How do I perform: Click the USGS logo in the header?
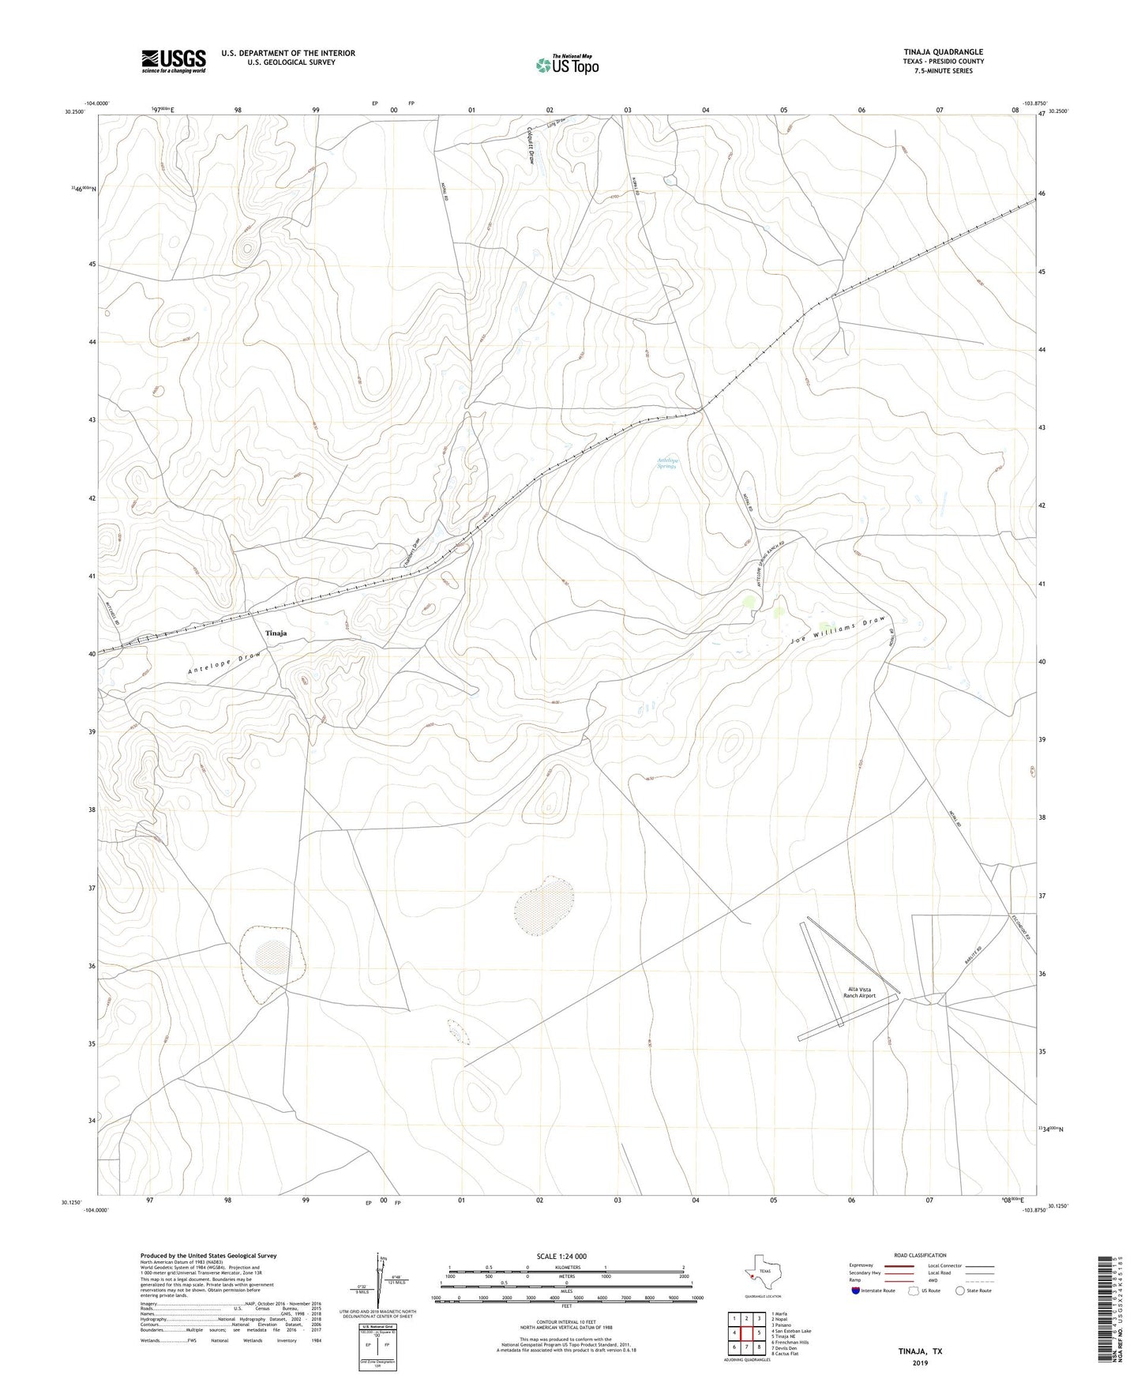[x=174, y=61]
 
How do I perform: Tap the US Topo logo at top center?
[x=566, y=66]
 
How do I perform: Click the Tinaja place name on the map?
[x=276, y=633]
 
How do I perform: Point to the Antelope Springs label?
[x=667, y=464]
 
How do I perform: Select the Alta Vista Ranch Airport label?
[x=860, y=992]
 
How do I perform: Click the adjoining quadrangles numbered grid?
[x=746, y=1332]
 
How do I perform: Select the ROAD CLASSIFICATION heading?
[x=920, y=1255]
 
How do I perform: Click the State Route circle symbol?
[x=960, y=1291]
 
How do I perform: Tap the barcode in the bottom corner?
[x=1106, y=1311]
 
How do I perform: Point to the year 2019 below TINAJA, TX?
[x=920, y=1362]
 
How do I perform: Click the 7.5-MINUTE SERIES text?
[x=944, y=71]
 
